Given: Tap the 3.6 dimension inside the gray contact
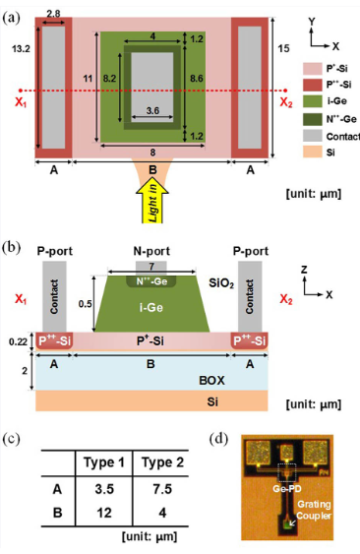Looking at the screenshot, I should tap(150, 111).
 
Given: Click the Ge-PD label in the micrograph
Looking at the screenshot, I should tap(291, 486).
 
